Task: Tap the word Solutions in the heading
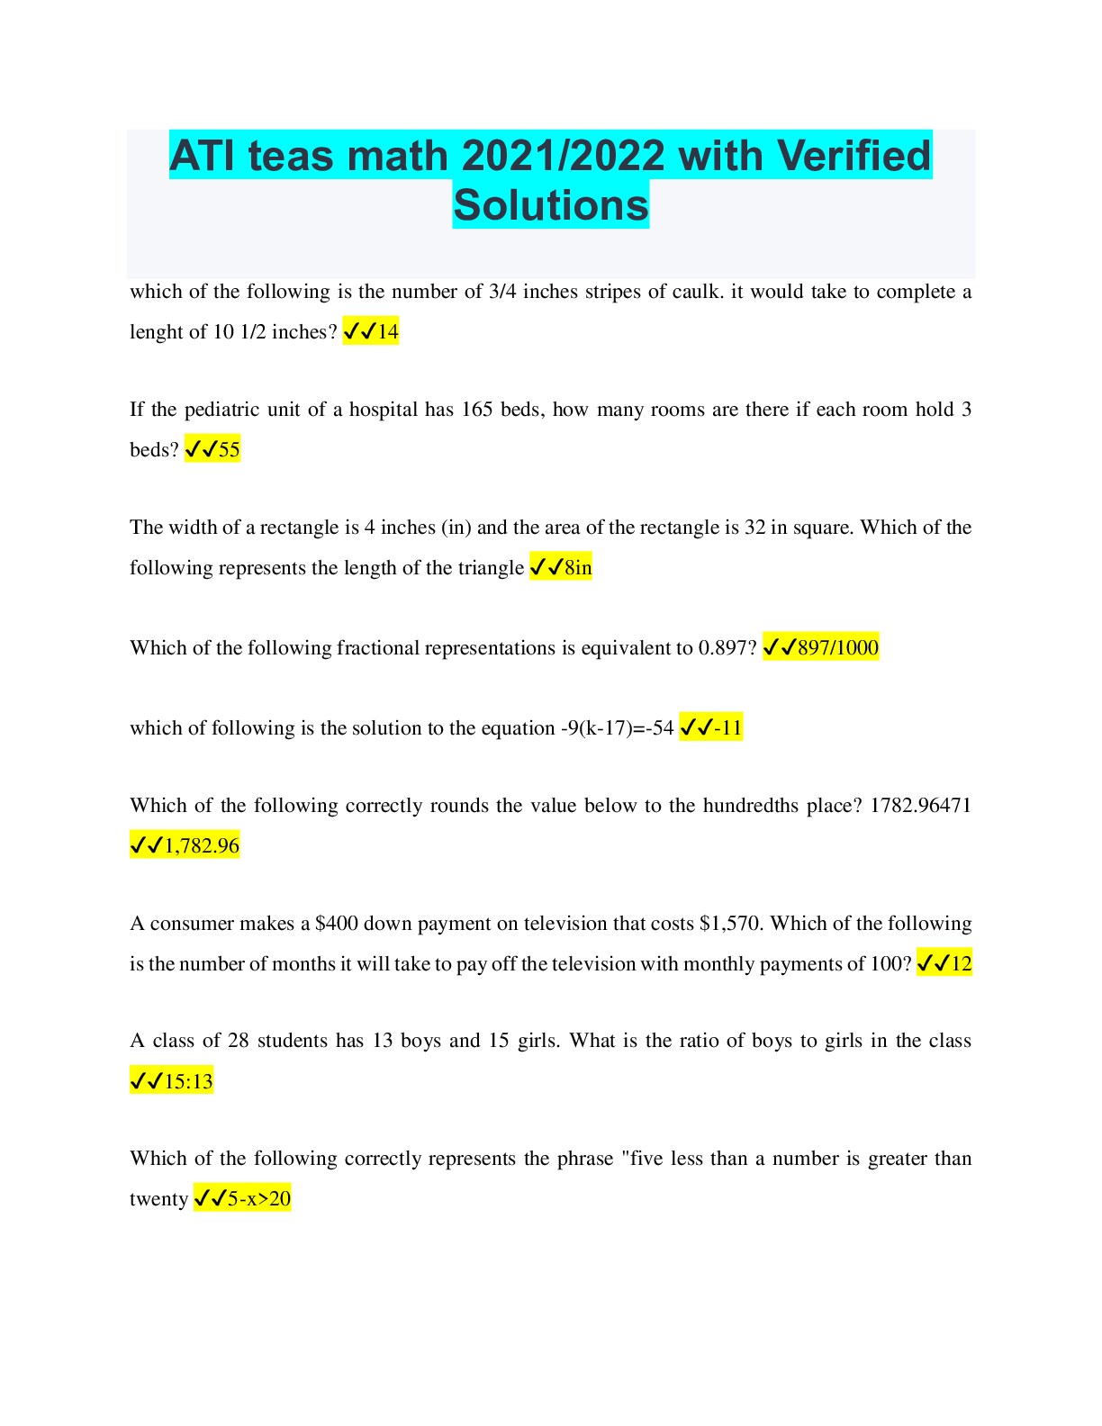[550, 205]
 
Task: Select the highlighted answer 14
[388, 332]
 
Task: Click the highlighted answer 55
[230, 450]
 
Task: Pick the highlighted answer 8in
[578, 568]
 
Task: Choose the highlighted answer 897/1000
[837, 648]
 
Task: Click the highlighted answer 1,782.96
[202, 846]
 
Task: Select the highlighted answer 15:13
[188, 1081]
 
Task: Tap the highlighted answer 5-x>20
[258, 1199]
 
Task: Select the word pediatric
[226, 411]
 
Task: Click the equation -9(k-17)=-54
[617, 728]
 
